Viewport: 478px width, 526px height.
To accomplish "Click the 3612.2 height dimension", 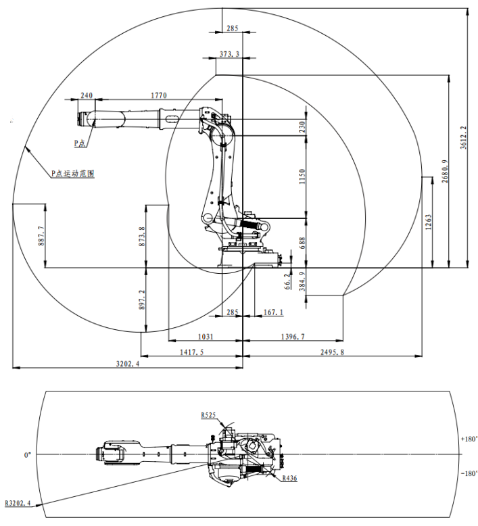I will click(463, 137).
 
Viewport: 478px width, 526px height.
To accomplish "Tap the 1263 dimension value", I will click(429, 222).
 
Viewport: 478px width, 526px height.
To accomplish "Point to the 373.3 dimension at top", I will click(229, 53).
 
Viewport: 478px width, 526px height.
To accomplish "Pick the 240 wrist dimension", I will click(87, 95).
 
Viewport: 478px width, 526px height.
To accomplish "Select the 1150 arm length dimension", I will click(302, 177).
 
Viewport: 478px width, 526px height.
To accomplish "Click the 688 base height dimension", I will click(302, 243).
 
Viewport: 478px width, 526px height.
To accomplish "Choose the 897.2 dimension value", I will click(142, 300).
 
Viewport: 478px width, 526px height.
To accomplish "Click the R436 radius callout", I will click(289, 478).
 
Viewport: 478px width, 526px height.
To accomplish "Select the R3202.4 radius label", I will click(19, 503).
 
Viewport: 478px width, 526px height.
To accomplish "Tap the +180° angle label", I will click(469, 439).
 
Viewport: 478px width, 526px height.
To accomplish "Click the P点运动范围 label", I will click(72, 174).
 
